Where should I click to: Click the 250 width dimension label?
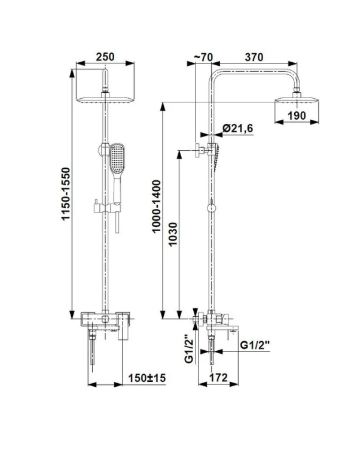[x=105, y=57]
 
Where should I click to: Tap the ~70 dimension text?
[x=203, y=57]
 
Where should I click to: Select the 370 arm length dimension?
[x=254, y=57]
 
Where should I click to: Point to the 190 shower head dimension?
[x=297, y=116]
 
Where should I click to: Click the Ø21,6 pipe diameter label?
[x=238, y=128]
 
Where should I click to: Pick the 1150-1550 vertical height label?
[x=66, y=194]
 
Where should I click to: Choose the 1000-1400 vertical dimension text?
[x=157, y=206]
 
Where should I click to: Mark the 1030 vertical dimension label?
[x=173, y=234]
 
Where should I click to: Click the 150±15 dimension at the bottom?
[x=147, y=378]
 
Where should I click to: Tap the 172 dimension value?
[x=218, y=378]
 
